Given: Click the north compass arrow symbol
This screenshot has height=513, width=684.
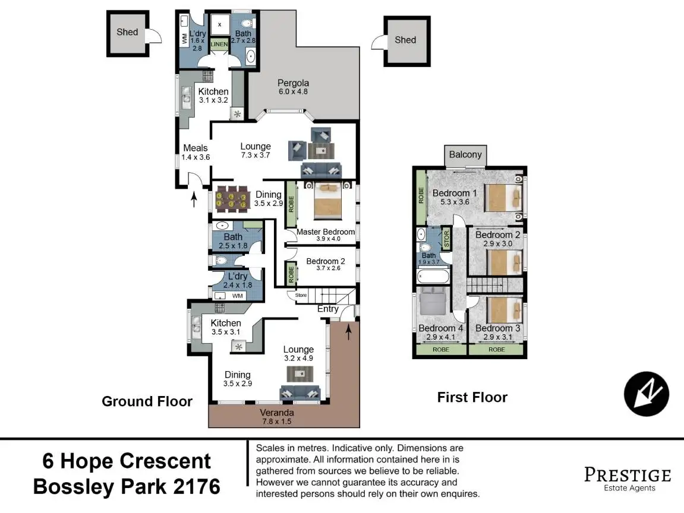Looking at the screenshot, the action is point(646,394).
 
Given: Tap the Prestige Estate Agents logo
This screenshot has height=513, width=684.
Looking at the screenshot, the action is point(628,479).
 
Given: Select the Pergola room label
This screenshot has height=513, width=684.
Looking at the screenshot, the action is point(293,83).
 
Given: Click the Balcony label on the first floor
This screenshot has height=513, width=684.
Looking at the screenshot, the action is point(465,154).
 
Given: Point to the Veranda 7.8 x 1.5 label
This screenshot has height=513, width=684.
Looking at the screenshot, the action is point(276,417).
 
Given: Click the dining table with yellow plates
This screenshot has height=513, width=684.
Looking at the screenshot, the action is point(231,199).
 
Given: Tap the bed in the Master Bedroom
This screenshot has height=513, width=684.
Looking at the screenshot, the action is point(327,201).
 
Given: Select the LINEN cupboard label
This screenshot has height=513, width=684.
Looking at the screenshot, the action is point(219,44).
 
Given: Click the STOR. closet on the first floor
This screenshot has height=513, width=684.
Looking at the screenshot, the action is point(446,239).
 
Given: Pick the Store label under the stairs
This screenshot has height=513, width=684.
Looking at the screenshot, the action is point(301,295).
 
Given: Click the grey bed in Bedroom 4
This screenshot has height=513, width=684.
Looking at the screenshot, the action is point(432,302).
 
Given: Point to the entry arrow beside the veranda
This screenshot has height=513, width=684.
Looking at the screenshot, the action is point(348,331).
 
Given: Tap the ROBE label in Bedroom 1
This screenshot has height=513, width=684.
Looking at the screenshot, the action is point(421,195).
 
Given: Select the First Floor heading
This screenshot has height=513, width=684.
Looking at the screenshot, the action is point(472,397).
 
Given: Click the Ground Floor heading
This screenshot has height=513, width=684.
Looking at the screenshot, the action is point(147,401).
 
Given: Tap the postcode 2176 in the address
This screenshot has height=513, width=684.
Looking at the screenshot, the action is point(197,487).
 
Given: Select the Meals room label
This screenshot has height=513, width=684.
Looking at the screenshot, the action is point(196,148).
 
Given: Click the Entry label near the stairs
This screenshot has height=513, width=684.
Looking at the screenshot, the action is point(328,309).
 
